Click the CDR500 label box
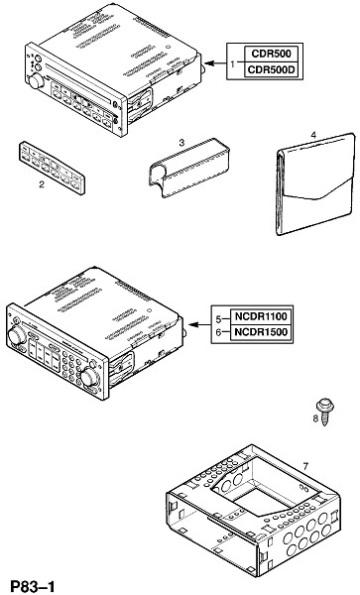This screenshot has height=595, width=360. click(271, 54)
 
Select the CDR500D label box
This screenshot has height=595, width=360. click(271, 69)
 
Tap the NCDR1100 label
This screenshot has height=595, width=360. click(261, 316)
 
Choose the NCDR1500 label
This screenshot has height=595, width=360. click(261, 332)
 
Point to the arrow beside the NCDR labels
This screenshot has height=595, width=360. click(199, 325)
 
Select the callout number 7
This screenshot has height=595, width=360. click(305, 466)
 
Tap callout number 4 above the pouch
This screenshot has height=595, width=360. click(313, 135)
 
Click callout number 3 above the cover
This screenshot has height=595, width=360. click(181, 143)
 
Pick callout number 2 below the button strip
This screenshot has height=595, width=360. click(42, 184)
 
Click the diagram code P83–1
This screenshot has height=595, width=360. click(33, 586)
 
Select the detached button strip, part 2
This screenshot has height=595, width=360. click(52, 168)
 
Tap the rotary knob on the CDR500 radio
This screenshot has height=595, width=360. click(36, 81)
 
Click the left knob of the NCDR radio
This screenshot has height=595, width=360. click(17, 335)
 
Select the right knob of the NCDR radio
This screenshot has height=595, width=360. click(88, 377)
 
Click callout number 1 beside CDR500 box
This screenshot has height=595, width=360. click(233, 63)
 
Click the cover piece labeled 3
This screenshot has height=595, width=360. click(188, 168)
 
